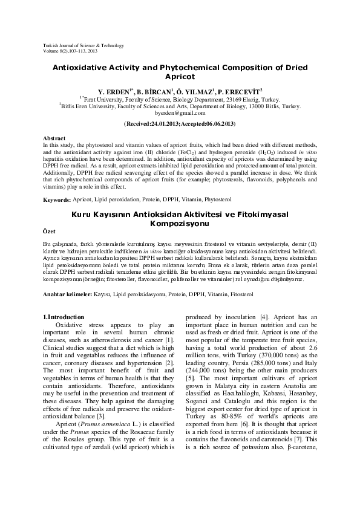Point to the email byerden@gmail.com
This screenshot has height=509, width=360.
180,113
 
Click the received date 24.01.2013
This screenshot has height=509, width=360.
163,123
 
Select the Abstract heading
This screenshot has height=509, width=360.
55,139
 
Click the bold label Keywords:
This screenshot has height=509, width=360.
57,199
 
